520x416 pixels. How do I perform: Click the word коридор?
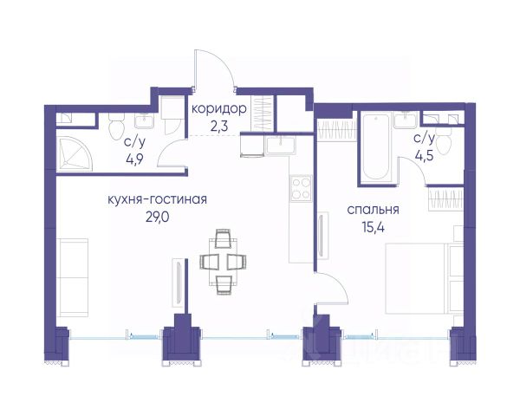coord(219,109)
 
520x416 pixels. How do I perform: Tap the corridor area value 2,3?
coord(219,127)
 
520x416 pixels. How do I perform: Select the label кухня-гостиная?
coord(158,199)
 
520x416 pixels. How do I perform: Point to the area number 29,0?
coord(157,218)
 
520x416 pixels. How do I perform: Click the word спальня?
coord(373,210)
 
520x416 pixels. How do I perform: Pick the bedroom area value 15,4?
coord(373,228)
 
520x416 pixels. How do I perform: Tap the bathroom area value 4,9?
coord(134,159)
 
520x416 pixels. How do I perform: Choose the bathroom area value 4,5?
coord(424,155)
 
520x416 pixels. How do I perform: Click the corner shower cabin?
coord(74,154)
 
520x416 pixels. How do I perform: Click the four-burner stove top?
coord(301,188)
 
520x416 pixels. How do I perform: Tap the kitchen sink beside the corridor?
coord(281,146)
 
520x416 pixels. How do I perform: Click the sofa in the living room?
coord(72,277)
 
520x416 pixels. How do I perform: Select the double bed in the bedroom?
coord(424,279)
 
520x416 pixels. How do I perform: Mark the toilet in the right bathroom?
coord(444,140)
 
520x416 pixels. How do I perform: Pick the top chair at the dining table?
coord(223,238)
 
